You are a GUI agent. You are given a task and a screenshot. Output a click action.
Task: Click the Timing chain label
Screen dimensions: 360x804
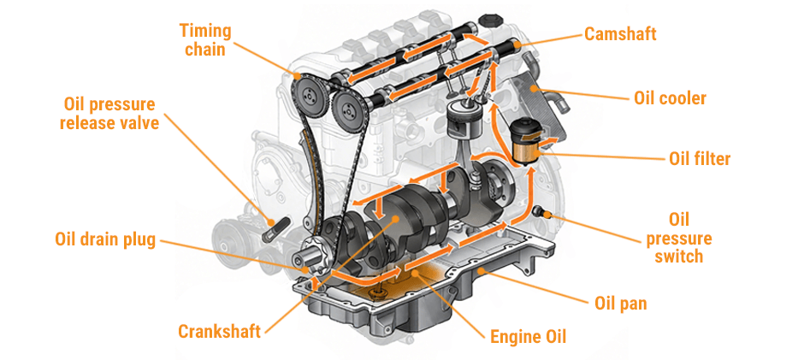tap(205, 40)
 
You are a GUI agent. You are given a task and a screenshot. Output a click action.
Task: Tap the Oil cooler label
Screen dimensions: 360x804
tap(670, 98)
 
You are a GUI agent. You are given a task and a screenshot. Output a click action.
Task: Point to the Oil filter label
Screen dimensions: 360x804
tap(699, 158)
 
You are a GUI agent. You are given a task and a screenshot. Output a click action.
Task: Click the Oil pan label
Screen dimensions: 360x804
tap(620, 303)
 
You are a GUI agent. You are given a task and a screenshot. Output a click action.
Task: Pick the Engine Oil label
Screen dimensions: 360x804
tap(528, 336)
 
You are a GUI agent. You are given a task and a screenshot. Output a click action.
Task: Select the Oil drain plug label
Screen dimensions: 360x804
tap(105, 239)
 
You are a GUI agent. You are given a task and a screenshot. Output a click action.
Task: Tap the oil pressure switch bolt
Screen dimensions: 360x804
tap(538, 210)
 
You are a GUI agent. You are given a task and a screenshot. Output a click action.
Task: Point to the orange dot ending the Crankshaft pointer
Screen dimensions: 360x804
tap(394, 220)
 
